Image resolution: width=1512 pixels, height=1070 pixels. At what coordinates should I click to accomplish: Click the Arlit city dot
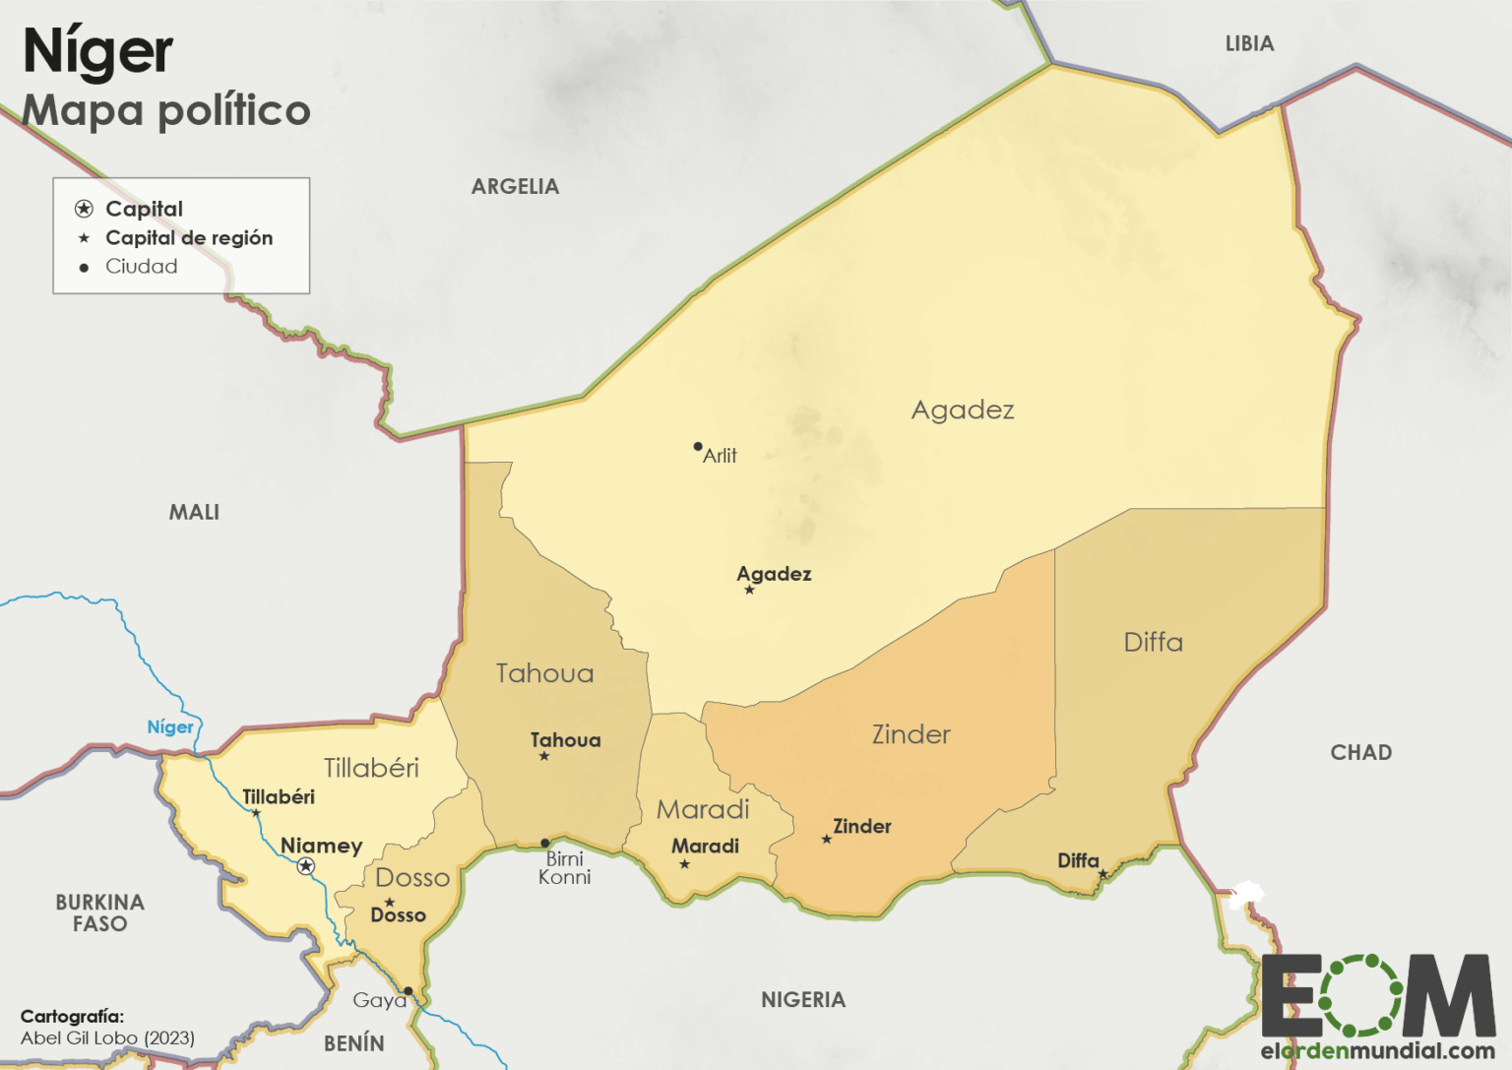698,447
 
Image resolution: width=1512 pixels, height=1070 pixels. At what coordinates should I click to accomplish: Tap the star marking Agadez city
749,590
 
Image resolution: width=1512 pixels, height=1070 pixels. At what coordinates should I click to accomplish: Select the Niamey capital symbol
306,866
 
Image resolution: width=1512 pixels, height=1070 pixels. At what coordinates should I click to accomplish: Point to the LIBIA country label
1249,43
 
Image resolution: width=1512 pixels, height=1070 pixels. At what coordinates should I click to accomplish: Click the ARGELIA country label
515,186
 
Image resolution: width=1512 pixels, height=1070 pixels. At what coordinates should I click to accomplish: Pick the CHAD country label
1360,752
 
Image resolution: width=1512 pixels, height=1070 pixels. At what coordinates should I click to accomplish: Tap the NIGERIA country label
803,999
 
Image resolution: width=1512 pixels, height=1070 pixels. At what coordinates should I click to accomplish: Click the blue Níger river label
170,726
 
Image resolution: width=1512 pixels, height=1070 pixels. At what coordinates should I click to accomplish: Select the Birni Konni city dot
545,844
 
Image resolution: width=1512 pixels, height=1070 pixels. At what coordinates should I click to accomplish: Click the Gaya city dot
408,991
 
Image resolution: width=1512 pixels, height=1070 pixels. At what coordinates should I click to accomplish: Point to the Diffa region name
1153,642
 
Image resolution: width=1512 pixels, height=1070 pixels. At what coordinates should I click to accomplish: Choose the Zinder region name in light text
911,733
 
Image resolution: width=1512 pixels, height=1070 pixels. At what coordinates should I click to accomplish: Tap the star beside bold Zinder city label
827,840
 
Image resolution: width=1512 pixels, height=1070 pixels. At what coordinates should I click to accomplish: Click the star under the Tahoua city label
544,756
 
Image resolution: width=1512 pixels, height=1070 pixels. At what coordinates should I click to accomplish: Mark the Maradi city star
685,864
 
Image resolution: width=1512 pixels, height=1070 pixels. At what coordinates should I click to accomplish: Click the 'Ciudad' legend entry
142,267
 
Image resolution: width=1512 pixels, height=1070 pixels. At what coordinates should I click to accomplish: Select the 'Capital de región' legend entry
189,237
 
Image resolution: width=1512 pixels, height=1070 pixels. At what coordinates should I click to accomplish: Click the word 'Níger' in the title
97,51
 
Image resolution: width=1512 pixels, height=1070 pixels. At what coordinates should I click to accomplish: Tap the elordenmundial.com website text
1377,1050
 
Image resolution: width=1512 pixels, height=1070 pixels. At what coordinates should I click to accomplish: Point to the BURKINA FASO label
99,913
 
